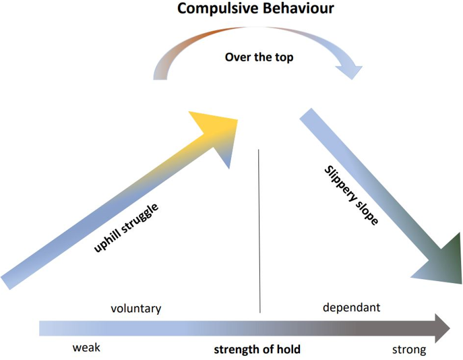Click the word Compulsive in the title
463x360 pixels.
pyautogui.click(x=218, y=9)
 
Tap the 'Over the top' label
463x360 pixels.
pyautogui.click(x=259, y=57)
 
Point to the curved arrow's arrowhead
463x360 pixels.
pyautogui.click(x=349, y=71)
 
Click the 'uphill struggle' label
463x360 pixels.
pyautogui.click(x=126, y=228)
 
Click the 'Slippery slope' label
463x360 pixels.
pyautogui.click(x=351, y=196)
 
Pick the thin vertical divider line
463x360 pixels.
pyautogui.click(x=259, y=231)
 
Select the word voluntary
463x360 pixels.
pyautogui.click(x=136, y=309)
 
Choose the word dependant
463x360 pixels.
pyautogui.click(x=351, y=307)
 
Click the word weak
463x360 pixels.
pyautogui.click(x=86, y=348)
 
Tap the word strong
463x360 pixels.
pyautogui.click(x=409, y=350)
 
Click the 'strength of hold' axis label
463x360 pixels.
pyautogui.click(x=257, y=350)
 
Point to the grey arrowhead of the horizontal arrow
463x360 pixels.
pyautogui.click(x=442, y=328)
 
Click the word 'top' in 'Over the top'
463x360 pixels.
pyautogui.click(x=284, y=58)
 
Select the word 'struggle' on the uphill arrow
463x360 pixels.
pyautogui.click(x=140, y=218)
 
